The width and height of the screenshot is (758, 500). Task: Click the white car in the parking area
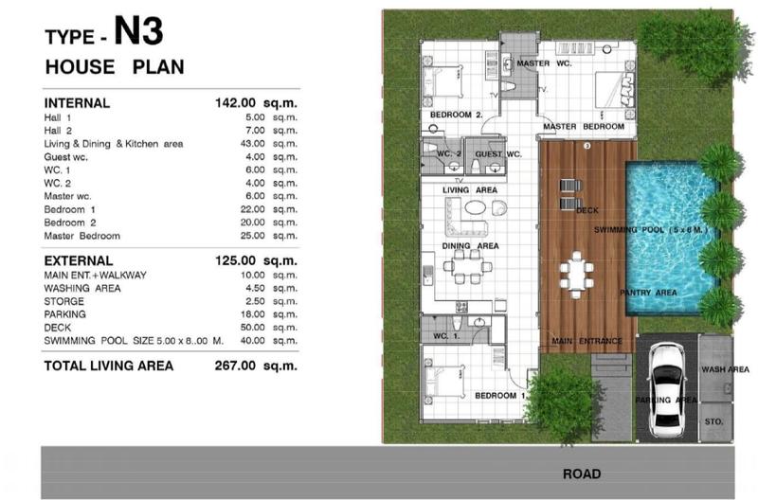667,389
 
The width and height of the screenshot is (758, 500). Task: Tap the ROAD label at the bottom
582,473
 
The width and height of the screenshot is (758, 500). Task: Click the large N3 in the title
138,31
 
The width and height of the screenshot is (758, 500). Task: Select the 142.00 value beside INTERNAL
235,103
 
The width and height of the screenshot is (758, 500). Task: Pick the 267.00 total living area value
235,366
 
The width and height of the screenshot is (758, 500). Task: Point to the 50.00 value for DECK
252,328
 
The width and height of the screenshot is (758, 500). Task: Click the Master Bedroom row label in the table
82,236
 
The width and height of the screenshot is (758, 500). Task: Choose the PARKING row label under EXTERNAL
64,314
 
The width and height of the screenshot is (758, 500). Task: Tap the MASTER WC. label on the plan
544,63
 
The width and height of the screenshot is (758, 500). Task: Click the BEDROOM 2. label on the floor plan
457,115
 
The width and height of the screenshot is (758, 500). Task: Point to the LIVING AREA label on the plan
470,189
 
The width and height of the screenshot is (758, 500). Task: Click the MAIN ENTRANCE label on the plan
587,341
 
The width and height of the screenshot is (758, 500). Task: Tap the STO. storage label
714,421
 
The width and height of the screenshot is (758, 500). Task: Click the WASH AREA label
725,369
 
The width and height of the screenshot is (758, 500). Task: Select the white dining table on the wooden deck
576,275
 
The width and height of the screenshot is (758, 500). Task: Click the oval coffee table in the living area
476,207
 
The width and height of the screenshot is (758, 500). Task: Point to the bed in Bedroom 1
443,382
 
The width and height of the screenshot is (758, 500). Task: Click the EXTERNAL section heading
79,260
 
